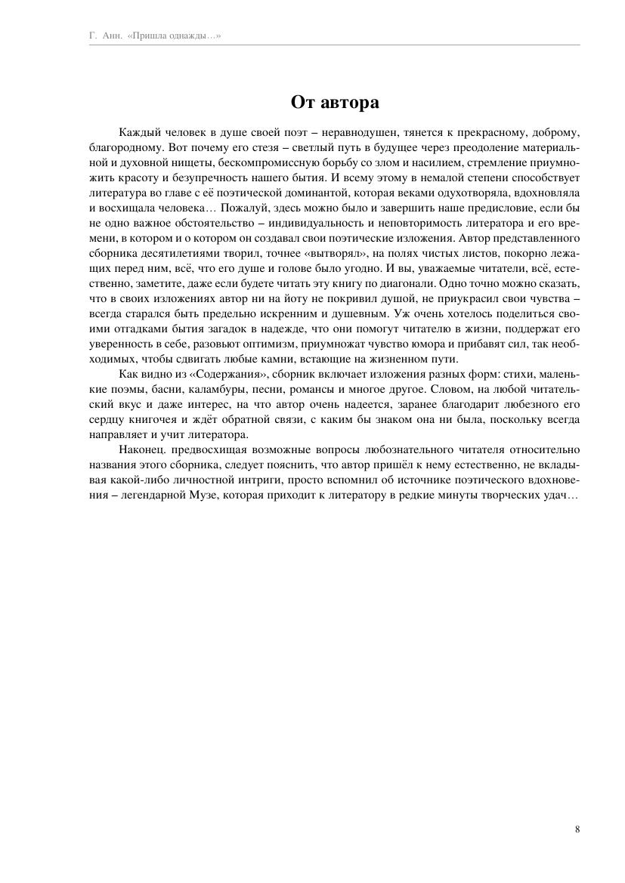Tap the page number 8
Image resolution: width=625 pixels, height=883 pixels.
(577, 829)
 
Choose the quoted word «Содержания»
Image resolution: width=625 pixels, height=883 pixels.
(227, 374)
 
